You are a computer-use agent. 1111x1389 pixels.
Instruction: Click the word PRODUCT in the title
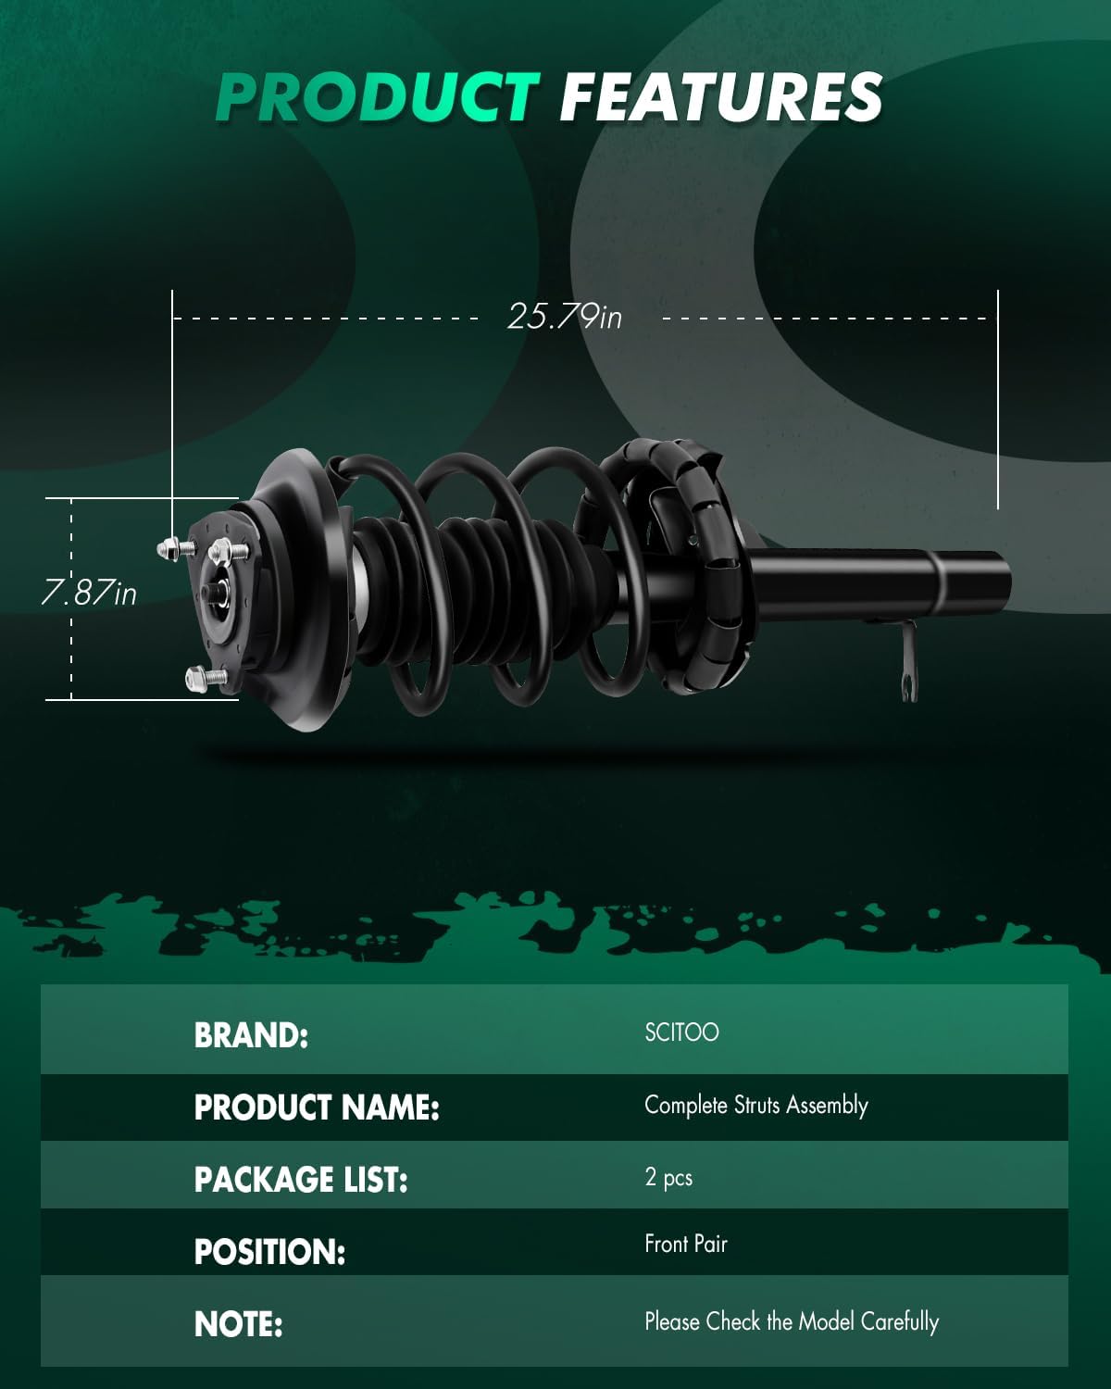378,97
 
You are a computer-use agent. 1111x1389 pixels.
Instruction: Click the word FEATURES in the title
720,97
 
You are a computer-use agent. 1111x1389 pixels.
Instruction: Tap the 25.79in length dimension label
565,317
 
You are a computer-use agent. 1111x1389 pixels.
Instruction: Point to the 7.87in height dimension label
89,593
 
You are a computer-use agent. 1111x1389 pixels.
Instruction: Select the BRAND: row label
251,1035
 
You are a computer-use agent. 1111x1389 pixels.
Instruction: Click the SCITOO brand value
681,1032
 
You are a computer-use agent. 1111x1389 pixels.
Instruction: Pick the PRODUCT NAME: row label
317,1107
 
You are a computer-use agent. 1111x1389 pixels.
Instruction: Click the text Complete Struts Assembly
755,1106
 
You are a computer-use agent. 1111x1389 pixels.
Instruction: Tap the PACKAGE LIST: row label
301,1180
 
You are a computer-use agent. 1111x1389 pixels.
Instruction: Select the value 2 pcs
668,1178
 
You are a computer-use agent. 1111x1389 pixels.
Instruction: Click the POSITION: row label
269,1252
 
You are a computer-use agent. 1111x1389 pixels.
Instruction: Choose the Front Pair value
686,1244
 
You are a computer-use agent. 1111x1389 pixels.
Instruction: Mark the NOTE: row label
239,1324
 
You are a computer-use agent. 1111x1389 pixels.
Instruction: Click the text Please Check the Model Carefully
792,1321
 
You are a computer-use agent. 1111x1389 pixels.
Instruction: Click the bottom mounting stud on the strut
203,677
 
